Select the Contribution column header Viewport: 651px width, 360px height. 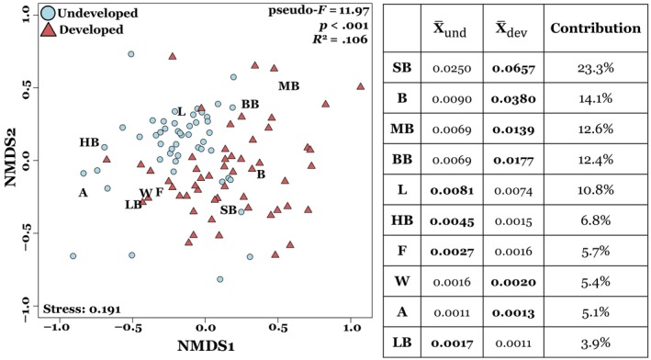coord(595,28)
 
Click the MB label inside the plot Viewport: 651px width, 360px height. coord(289,86)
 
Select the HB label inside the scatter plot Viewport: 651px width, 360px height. coord(89,141)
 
